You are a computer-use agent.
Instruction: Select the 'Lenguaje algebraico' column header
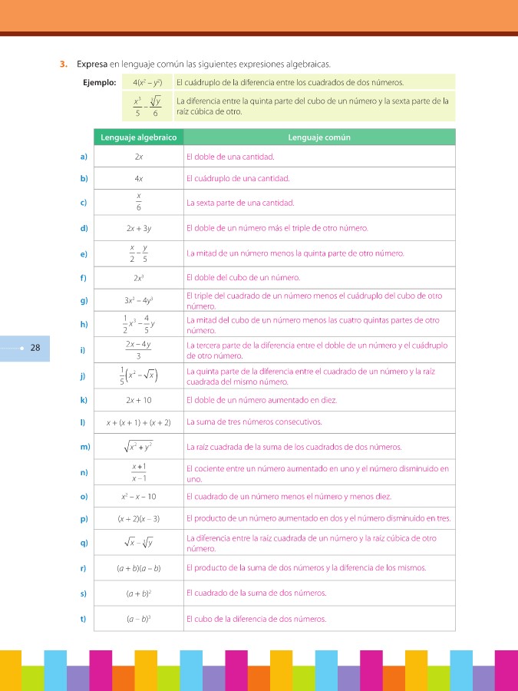coord(138,137)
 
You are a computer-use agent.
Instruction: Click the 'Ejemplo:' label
coord(99,82)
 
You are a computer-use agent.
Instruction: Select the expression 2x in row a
coord(139,157)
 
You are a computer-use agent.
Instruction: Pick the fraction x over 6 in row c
coord(139,203)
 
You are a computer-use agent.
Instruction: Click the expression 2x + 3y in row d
coord(139,228)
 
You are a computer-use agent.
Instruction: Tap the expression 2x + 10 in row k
coord(139,400)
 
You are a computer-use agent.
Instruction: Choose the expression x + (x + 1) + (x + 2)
coord(139,422)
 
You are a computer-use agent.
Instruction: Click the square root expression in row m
coord(139,447)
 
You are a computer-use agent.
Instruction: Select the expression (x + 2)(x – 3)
coord(139,519)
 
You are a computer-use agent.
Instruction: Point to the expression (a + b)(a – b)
coord(139,568)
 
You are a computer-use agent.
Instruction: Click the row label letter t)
coord(83,619)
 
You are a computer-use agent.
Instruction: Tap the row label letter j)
coord(83,375)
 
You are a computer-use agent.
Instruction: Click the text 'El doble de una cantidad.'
coord(230,157)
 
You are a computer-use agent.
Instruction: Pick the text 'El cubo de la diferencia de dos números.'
coord(256,619)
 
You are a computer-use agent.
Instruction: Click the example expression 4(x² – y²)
coord(147,82)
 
